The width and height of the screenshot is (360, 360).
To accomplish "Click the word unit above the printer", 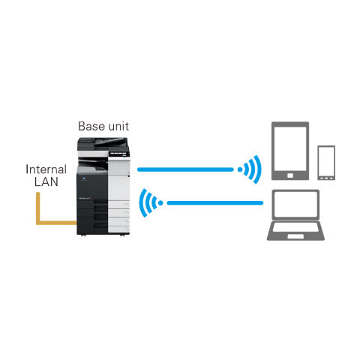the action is pos(118,126).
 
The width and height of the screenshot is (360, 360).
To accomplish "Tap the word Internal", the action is pos(46,169).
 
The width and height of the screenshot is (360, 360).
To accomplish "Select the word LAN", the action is pos(46,181).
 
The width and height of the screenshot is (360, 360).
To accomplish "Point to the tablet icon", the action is pos(290,151).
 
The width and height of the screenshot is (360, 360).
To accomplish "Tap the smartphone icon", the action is pos(326,163).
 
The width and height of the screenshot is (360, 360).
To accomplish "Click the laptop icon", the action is pos(295,215).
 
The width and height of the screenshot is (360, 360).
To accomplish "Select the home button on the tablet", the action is pos(290,175).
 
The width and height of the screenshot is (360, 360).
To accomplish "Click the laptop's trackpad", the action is pos(295,236).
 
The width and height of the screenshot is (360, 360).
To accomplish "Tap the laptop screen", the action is pos(295,204).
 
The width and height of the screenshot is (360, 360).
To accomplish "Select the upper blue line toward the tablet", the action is pos(185,169).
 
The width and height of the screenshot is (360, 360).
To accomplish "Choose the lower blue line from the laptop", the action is pos(215,203).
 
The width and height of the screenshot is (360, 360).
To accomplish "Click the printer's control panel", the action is pos(119,153).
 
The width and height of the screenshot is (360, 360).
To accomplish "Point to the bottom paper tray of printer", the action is pos(118,229).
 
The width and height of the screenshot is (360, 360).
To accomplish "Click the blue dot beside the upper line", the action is pos(240,169).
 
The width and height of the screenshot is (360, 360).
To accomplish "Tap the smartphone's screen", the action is pos(326,161).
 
